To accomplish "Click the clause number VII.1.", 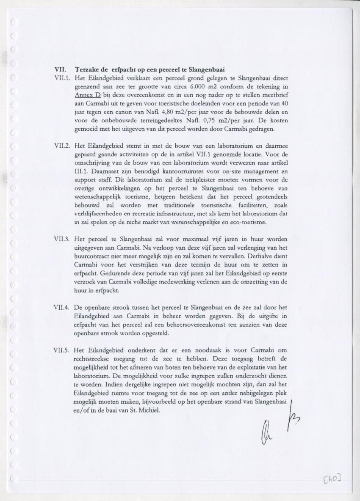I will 61,78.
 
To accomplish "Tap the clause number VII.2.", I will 61,146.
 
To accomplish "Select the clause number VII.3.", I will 61,239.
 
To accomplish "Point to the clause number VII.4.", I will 61,307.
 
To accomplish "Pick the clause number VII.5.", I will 61,350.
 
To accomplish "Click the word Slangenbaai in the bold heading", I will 206,69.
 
